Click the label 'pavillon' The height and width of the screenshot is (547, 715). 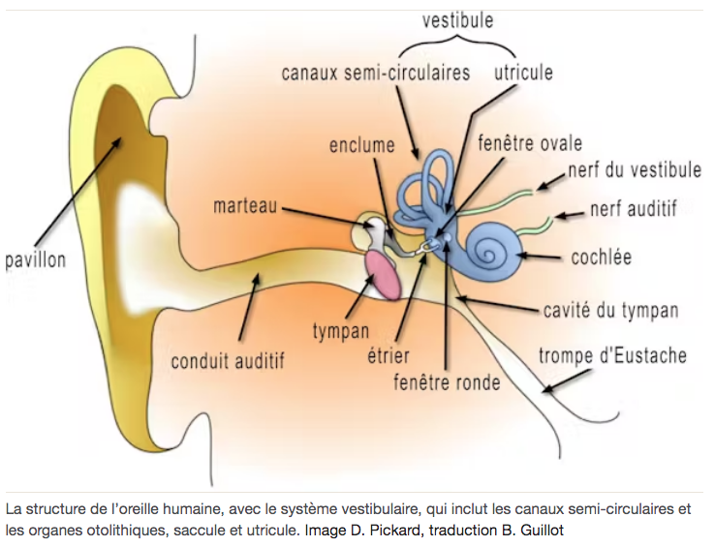tap(35, 259)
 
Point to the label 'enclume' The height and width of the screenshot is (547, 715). tap(362, 146)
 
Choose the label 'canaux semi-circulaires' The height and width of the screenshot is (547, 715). tap(376, 73)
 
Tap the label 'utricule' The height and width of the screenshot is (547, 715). tap(523, 73)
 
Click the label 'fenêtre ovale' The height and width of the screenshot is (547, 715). tap(530, 144)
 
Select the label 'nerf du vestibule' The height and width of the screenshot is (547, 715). tap(635, 170)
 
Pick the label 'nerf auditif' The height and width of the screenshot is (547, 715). tap(633, 207)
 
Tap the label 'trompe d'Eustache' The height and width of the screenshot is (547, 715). tap(611, 356)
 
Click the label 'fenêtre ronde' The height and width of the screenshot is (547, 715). tap(447, 382)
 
